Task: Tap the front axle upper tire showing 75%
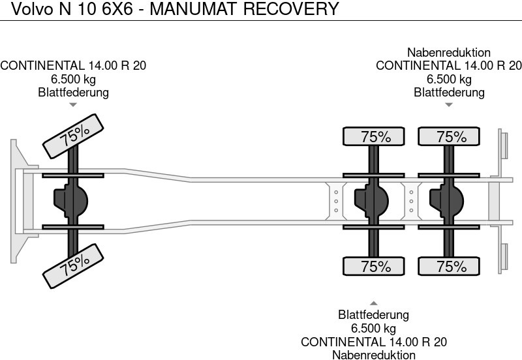click(x=75, y=136)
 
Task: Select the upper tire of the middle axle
click(x=375, y=137)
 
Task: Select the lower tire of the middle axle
click(x=375, y=266)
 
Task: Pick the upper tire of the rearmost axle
click(x=450, y=137)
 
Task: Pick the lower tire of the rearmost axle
click(x=450, y=266)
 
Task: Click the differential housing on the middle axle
click(x=369, y=200)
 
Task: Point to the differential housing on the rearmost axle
click(x=444, y=200)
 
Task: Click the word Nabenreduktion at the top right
click(x=448, y=53)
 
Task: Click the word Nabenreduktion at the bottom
click(x=373, y=355)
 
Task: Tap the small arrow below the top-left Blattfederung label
click(x=73, y=104)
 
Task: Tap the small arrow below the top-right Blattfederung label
click(x=448, y=104)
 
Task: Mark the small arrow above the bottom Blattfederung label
click(x=373, y=303)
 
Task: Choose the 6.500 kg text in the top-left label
click(x=73, y=79)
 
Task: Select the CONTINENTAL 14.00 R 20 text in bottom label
click(x=373, y=342)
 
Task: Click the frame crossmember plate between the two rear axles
click(x=410, y=200)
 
